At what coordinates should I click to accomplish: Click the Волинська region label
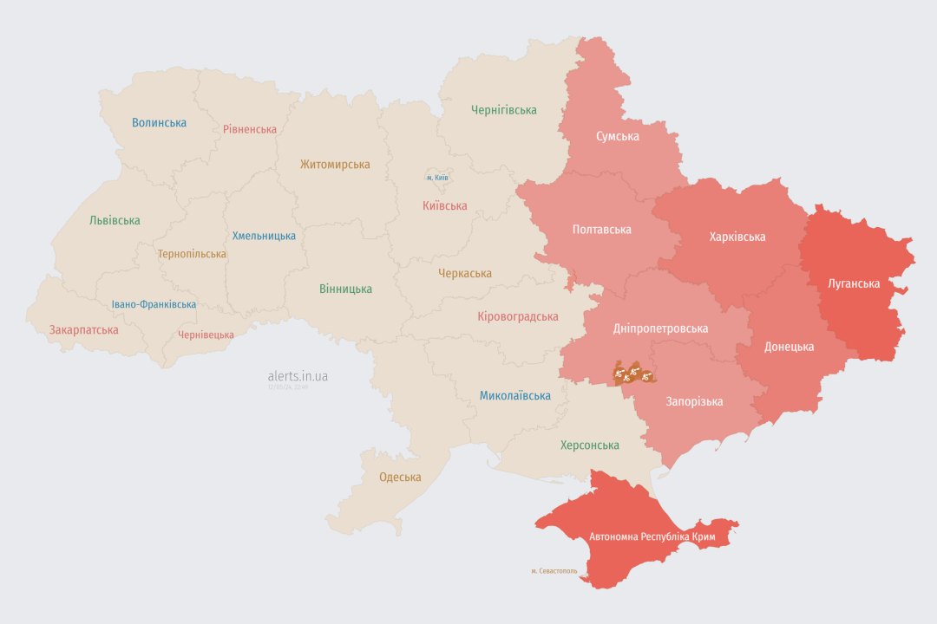point(159,123)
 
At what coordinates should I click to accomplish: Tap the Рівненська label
point(250,130)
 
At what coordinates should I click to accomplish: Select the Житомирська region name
point(335,165)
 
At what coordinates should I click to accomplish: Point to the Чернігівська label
point(503,110)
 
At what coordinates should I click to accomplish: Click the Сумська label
point(618,137)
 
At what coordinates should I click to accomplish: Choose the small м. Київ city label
point(437,178)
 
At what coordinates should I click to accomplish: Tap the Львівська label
point(115,221)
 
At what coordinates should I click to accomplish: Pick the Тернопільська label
point(192,255)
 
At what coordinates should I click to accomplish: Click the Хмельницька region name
point(264,236)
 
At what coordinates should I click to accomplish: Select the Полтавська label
point(601,230)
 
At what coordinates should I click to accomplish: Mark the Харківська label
point(737,237)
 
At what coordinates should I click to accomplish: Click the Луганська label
point(854,283)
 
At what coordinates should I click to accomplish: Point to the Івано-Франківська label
point(154,305)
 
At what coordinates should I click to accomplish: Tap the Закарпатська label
point(83,330)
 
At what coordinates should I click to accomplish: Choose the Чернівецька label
point(206,335)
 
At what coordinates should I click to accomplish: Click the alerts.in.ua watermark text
point(298,376)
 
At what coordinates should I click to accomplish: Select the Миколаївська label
point(515,396)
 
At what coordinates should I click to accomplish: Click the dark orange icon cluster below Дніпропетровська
point(633,374)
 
